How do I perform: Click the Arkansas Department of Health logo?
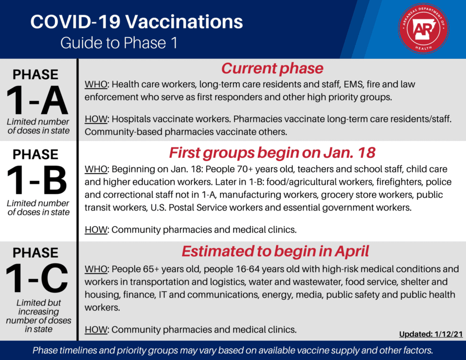pyautogui.click(x=424, y=29)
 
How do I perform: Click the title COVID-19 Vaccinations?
pyautogui.click(x=137, y=22)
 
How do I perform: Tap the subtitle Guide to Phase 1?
pyautogui.click(x=119, y=43)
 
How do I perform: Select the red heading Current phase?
pyautogui.click(x=272, y=68)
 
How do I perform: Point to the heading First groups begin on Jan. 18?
pyautogui.click(x=272, y=153)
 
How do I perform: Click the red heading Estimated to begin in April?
pyautogui.click(x=275, y=251)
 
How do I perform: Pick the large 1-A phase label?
pyautogui.click(x=37, y=101)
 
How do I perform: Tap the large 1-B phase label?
pyautogui.click(x=37, y=180)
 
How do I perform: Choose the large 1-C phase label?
pyautogui.click(x=37, y=278)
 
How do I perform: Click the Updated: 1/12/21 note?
pyautogui.click(x=431, y=334)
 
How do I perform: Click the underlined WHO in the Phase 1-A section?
pyautogui.click(x=96, y=85)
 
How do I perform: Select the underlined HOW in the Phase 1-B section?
pyautogui.click(x=96, y=230)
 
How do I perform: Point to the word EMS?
pyautogui.click(x=353, y=85)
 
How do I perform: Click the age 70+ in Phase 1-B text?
pyautogui.click(x=245, y=169)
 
